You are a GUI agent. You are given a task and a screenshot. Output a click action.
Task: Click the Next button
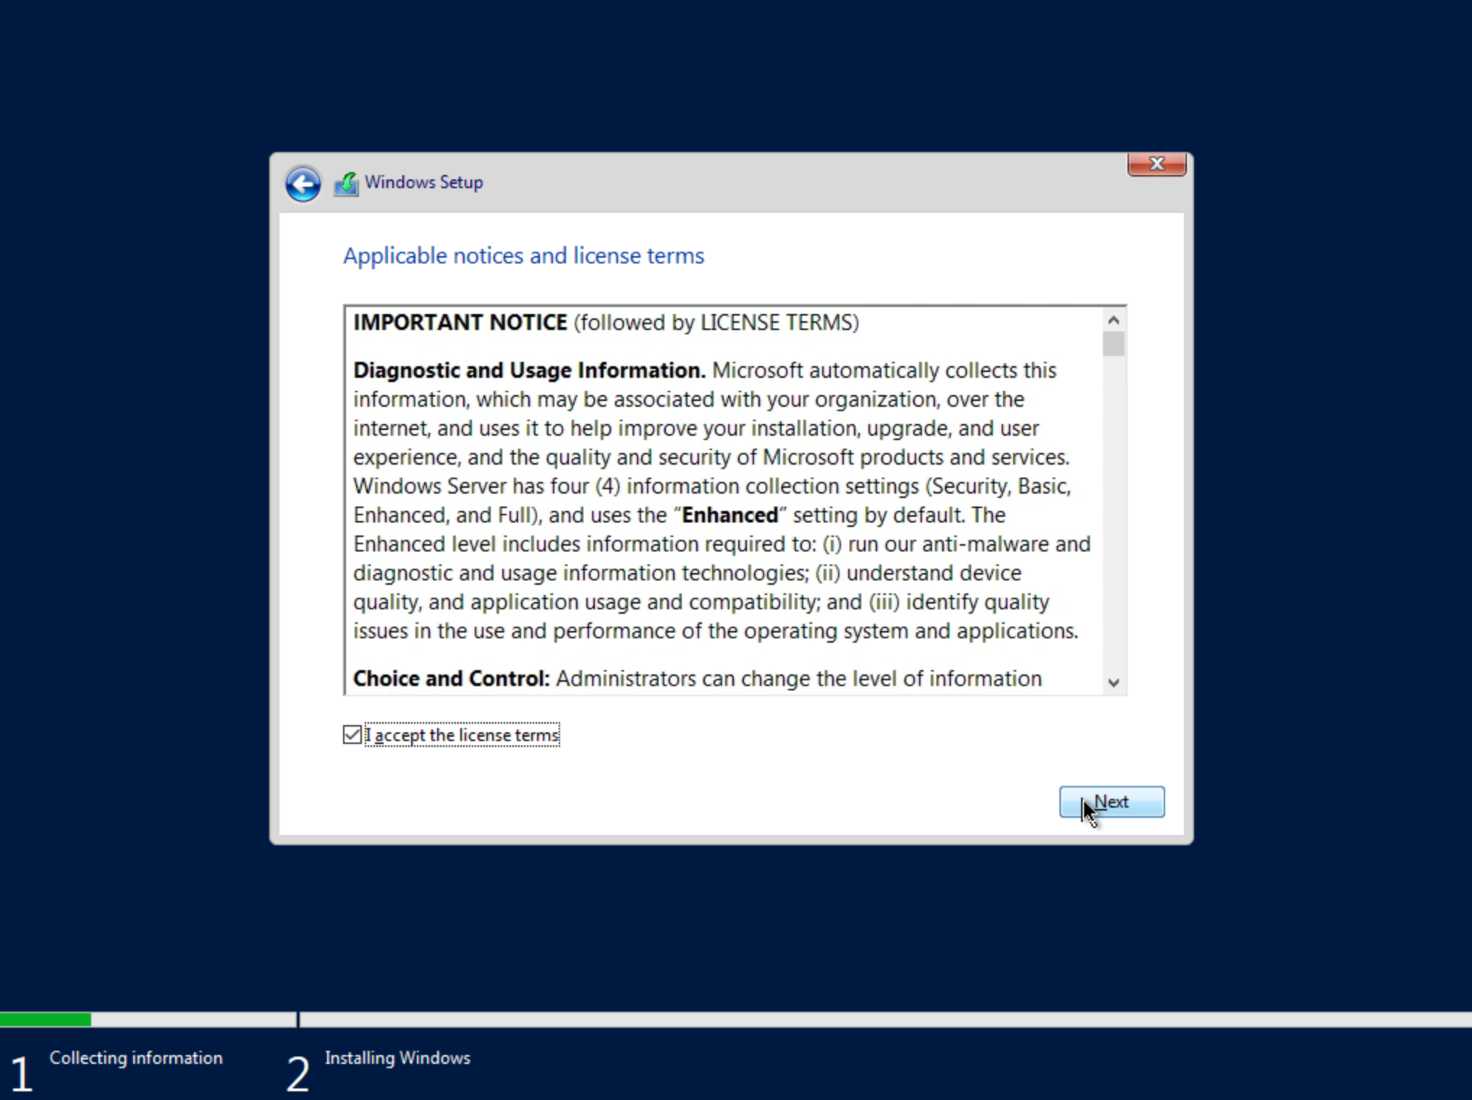tap(1112, 802)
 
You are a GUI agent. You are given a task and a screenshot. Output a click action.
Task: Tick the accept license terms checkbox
tap(352, 735)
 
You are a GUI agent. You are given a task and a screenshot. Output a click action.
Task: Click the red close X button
tap(1156, 164)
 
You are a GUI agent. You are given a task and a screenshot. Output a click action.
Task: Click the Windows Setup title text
tap(423, 182)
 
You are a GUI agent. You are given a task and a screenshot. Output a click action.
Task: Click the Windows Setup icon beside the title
tap(346, 184)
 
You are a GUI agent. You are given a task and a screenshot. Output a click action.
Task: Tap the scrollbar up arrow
tap(1114, 320)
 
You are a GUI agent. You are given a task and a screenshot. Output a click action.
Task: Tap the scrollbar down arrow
tap(1114, 682)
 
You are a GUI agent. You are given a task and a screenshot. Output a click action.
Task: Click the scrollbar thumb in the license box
tap(1114, 344)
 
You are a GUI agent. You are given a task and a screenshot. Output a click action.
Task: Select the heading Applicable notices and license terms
tap(523, 256)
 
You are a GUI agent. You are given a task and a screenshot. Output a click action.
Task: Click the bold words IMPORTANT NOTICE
tap(460, 323)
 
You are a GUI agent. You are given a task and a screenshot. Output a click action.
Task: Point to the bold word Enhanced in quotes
tap(729, 515)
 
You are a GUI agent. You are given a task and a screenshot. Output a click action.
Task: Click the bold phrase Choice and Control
tap(451, 679)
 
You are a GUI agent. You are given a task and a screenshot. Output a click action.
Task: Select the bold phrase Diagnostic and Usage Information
tap(528, 371)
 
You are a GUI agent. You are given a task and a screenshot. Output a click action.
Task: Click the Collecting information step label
tap(136, 1058)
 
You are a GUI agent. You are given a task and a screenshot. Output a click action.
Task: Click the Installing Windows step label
tap(397, 1058)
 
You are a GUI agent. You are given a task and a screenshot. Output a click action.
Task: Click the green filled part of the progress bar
tap(46, 1020)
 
